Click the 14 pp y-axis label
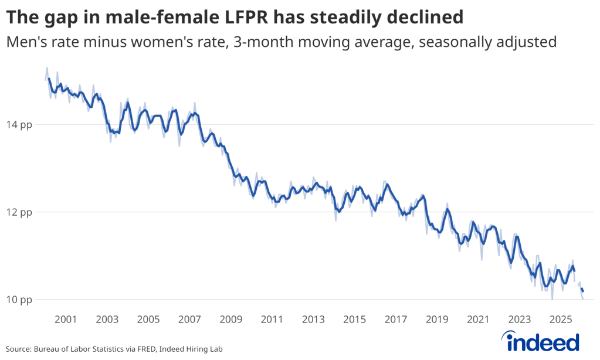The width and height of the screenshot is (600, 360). click(19, 125)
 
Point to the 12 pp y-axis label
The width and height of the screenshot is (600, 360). click(19, 212)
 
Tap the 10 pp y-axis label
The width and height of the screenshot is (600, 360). click(19, 300)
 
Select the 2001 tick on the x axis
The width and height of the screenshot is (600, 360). click(66, 319)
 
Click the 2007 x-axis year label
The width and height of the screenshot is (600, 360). click(189, 319)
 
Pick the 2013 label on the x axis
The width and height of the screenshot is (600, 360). click(313, 319)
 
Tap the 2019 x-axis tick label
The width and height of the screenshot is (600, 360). click(437, 319)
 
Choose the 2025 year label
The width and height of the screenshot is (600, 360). click(561, 319)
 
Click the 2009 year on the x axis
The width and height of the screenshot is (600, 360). click(230, 319)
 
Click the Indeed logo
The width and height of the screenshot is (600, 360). click(540, 341)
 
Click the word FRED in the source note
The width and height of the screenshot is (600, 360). click(146, 349)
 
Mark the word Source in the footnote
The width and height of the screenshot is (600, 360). click(18, 349)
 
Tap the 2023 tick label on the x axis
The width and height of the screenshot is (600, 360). click(519, 319)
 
